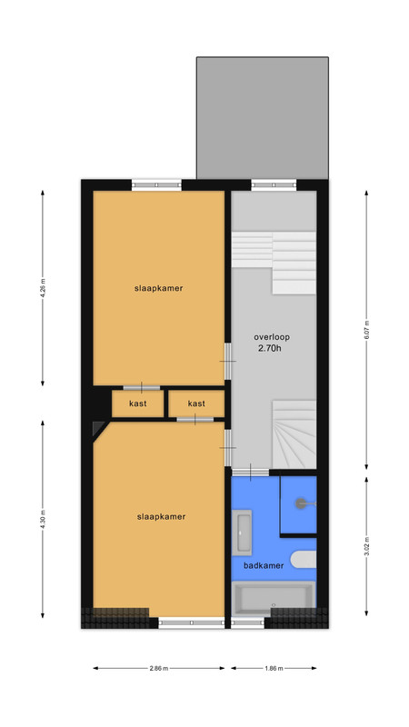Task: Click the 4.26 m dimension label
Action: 43,288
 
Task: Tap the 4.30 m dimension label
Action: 43,519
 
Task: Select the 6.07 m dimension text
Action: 366,330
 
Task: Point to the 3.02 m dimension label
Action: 366,547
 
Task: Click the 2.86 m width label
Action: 158,668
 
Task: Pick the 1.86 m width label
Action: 274,668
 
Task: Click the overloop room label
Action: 272,337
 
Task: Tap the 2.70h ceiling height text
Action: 269,348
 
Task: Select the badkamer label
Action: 264,565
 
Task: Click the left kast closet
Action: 138,403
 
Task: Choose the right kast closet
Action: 196,403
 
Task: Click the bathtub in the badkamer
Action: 274,599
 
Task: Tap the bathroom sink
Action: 242,533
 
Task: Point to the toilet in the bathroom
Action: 304,560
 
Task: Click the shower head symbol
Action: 303,503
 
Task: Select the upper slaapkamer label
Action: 158,288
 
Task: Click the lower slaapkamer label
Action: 161,516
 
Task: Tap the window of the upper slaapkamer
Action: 156,185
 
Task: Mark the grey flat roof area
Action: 263,118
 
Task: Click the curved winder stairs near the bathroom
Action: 294,434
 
